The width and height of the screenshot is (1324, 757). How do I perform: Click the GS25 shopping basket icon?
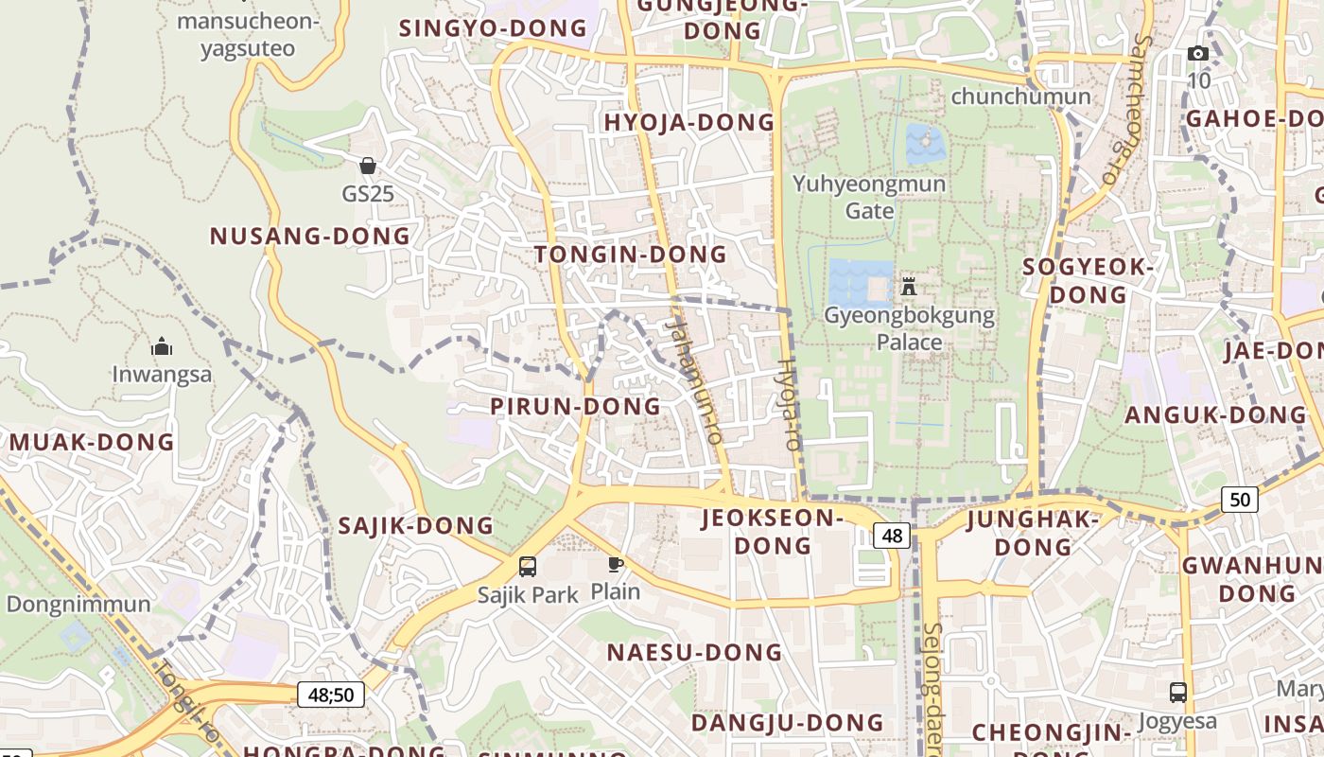[368, 166]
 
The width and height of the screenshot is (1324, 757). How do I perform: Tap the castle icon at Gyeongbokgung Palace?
[909, 285]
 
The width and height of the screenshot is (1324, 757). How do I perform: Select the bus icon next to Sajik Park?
[528, 567]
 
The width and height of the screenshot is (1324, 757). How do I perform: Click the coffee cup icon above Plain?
[616, 565]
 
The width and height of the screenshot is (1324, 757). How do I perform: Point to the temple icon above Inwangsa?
[162, 346]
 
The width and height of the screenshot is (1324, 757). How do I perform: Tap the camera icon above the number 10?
[1198, 53]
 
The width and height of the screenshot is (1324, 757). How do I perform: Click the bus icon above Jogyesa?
[1177, 692]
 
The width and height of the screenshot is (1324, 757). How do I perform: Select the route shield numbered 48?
[892, 537]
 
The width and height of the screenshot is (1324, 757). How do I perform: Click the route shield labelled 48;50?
[331, 695]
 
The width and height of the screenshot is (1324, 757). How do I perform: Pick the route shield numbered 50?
[1239, 499]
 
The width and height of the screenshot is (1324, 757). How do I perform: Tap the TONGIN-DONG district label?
[631, 255]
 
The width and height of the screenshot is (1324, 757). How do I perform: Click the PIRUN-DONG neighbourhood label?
[575, 407]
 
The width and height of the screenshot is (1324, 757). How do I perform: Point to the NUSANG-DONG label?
[310, 237]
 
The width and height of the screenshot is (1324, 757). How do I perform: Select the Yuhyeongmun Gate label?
[869, 196]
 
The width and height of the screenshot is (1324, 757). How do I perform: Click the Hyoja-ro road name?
[788, 404]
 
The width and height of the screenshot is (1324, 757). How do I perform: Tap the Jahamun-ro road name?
[694, 378]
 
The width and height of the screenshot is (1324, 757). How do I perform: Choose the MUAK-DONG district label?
[92, 442]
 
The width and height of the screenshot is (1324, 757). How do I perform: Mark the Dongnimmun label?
[78, 605]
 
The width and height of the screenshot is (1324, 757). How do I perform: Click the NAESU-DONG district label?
[694, 653]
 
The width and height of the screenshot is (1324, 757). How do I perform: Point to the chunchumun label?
[1020, 97]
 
